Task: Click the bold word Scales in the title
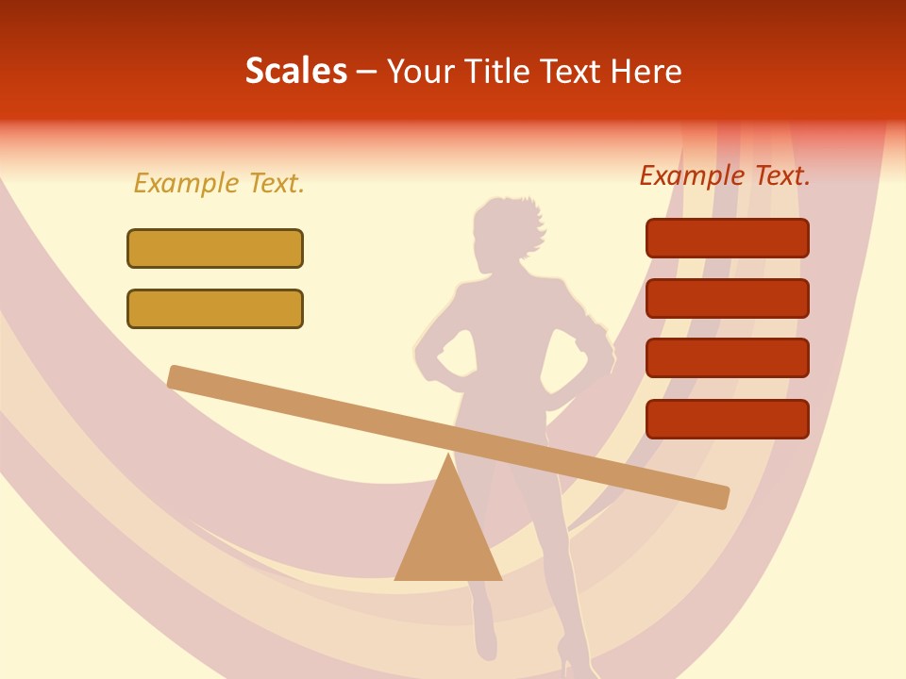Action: tap(295, 71)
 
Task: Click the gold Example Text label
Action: tap(219, 183)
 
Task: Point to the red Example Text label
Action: tap(725, 175)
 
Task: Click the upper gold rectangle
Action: tap(215, 248)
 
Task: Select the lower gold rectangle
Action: tap(215, 308)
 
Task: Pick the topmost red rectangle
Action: tap(727, 238)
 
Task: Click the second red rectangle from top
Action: tap(727, 298)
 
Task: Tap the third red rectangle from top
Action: tap(727, 357)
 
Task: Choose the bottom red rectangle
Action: tap(727, 419)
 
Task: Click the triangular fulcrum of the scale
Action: tap(447, 533)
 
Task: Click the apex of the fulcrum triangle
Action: tap(447, 455)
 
